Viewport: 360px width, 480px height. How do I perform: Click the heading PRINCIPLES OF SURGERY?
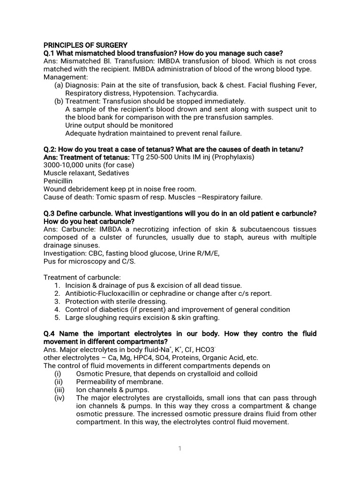(85, 45)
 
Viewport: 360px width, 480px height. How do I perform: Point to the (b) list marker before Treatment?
(59, 101)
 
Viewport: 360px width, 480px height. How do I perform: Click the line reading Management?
(64, 77)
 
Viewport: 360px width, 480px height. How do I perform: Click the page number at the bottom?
(180, 448)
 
